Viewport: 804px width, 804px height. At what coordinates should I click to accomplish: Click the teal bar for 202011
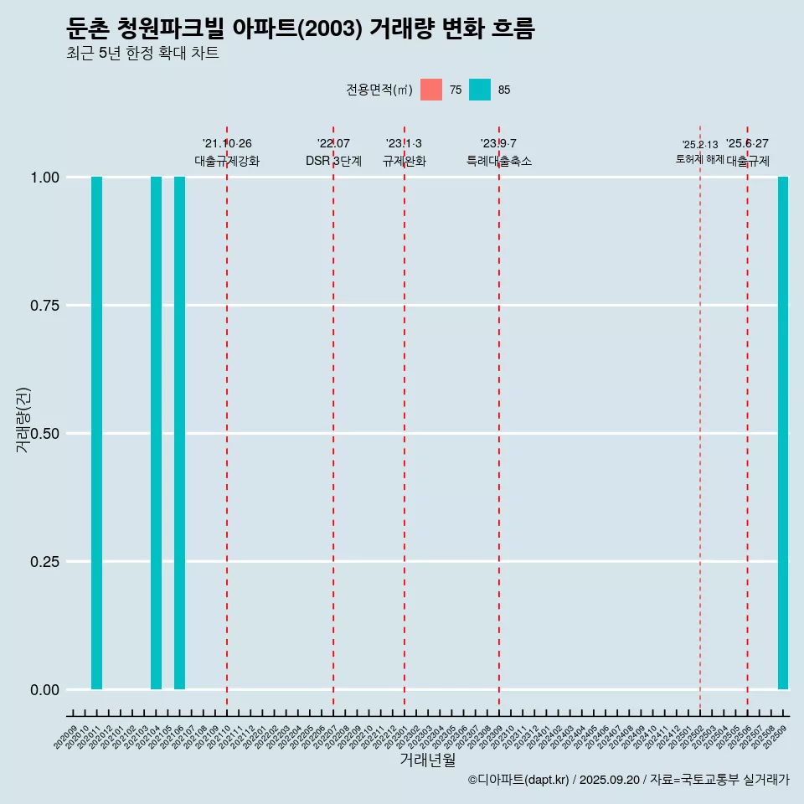click(96, 433)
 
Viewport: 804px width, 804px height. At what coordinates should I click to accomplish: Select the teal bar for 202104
click(156, 433)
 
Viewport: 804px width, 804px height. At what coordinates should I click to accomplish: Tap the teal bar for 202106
click(179, 433)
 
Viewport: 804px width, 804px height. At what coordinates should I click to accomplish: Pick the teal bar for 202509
click(783, 433)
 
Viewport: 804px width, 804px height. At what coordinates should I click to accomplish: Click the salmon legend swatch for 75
click(431, 90)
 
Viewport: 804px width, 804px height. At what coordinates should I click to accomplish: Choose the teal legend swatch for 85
click(480, 90)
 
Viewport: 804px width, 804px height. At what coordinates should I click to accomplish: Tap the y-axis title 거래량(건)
click(23, 419)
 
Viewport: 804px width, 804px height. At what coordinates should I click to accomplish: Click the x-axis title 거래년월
click(427, 760)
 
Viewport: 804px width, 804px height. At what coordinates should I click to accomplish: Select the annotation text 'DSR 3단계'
click(333, 161)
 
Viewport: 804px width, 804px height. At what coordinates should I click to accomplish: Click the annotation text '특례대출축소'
click(499, 161)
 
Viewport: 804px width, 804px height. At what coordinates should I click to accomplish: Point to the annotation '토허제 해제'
click(699, 159)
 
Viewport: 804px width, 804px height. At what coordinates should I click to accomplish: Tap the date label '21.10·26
click(227, 143)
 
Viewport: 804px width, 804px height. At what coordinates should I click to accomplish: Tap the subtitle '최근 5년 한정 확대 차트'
click(142, 54)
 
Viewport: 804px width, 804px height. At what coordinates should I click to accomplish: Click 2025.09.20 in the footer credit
click(609, 780)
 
